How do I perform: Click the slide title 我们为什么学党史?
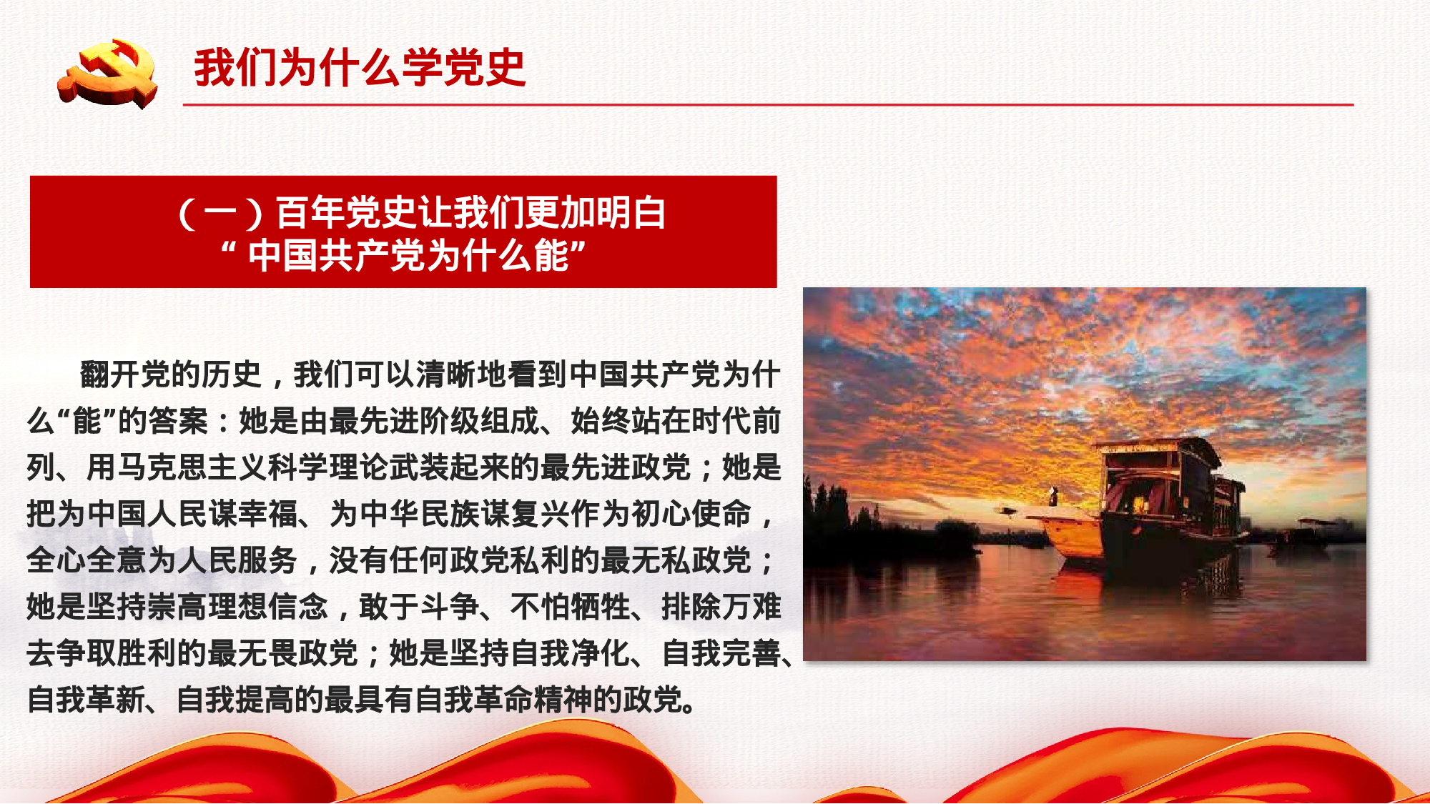[360, 69]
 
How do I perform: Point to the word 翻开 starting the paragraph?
[110, 374]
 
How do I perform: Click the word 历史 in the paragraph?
[232, 374]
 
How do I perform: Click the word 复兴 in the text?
[541, 514]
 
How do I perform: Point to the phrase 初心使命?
[692, 514]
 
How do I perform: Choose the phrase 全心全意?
[87, 560]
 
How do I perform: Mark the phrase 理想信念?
[269, 607]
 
